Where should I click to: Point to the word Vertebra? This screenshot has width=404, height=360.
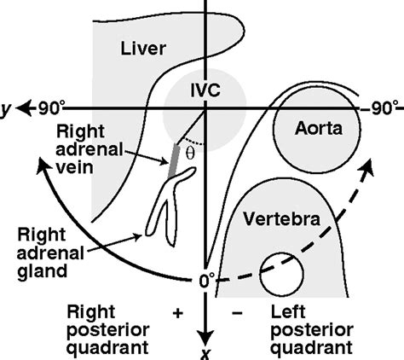pyautogui.click(x=278, y=218)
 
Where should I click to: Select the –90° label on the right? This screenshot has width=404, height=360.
pyautogui.click(x=377, y=108)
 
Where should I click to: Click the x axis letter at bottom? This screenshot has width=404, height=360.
pyautogui.click(x=205, y=350)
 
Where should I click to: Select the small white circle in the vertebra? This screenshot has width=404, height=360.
pyautogui.click(x=276, y=272)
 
